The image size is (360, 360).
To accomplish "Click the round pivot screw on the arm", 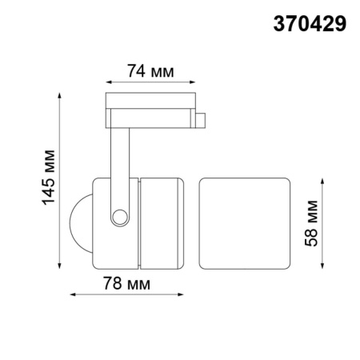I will tap(119, 216).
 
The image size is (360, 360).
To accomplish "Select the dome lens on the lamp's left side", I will tap(80, 222).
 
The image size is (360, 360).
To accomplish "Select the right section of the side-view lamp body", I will tap(165, 222).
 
